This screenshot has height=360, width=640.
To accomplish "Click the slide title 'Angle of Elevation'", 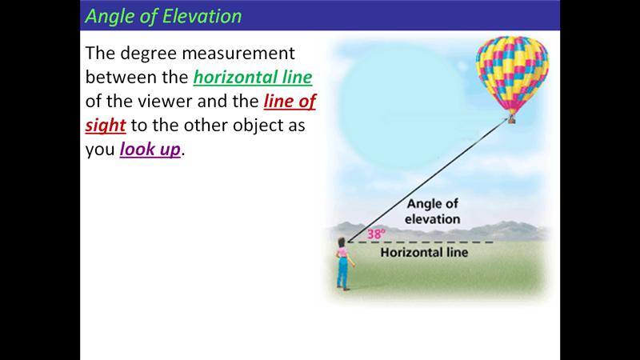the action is coord(163,16).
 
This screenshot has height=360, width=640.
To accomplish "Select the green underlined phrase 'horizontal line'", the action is coord(253,78).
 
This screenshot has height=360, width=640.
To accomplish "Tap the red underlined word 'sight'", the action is coord(106,126).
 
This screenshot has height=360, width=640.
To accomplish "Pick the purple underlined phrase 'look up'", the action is coord(150,149).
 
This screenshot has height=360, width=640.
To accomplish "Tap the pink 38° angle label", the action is coord(375,234).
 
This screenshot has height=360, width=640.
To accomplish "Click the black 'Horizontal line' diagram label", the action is coord(424,252).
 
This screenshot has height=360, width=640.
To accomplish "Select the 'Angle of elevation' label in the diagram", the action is coord(432,211).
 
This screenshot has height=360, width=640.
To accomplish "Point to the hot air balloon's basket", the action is coord(511,119).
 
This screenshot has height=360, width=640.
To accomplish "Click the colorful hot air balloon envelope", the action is coord(512,74).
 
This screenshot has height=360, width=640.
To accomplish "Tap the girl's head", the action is coord(342,242).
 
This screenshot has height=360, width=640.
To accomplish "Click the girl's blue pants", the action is coord(342,272).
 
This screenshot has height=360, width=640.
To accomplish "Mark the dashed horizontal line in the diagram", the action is coord(421,242).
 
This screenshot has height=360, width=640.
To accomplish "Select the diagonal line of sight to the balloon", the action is coord(428,181).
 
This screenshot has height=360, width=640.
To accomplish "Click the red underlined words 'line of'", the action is coord(290,102).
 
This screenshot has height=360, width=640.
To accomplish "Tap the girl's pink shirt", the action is coord(343,253).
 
